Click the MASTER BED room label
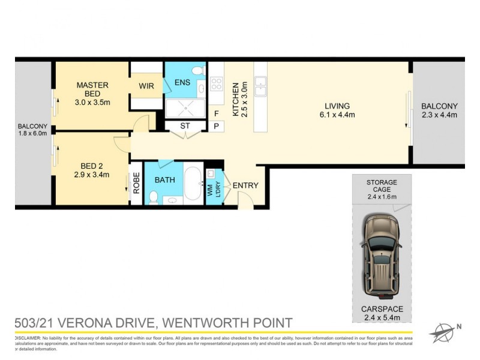click(92, 89)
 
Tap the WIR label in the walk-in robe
click(146, 86)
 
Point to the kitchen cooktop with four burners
click(216, 84)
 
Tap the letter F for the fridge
click(216, 113)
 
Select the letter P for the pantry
click(216, 126)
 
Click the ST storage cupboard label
click(184, 126)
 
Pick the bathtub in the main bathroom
click(193, 184)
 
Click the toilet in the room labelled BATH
click(154, 196)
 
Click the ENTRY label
click(245, 185)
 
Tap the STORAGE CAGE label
click(382, 186)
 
